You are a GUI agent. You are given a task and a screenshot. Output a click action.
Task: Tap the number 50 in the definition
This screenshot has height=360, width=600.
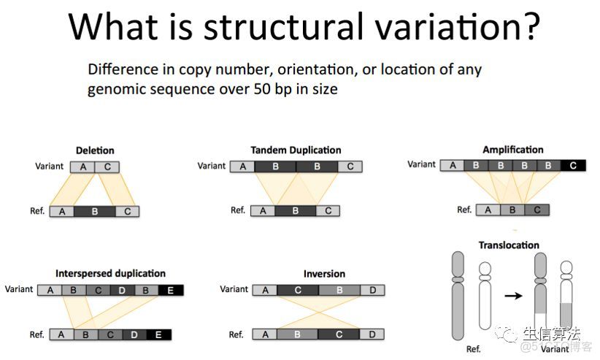coord(262,89)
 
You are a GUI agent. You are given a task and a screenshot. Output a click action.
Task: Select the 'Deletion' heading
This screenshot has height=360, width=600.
coord(95,150)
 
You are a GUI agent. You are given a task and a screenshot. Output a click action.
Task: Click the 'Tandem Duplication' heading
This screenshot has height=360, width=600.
coord(296,150)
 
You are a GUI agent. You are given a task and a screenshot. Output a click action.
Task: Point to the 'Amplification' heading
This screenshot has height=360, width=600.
coord(512,150)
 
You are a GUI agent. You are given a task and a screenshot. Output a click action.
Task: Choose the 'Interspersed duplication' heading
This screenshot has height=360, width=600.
coord(110,273)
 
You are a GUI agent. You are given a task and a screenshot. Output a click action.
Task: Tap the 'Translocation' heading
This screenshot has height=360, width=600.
coord(509,245)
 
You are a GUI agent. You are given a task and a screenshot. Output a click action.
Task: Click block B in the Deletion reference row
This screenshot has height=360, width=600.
coord(94,212)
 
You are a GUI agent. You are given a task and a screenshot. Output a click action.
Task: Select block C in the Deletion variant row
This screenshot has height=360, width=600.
coord(107,167)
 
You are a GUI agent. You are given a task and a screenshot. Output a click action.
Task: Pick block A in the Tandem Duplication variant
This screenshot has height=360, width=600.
coord(242,166)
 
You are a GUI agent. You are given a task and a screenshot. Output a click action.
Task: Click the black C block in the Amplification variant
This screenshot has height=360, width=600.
coord(573,166)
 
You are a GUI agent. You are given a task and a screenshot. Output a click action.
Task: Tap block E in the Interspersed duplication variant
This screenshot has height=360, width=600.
coord(171,291)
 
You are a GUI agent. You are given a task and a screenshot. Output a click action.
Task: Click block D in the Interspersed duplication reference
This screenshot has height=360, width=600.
coord(134,334)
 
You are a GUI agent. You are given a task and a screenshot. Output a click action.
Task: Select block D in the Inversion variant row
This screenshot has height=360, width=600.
coord(372,291)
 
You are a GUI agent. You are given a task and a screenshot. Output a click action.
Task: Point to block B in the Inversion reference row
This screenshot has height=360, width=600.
coord(297,334)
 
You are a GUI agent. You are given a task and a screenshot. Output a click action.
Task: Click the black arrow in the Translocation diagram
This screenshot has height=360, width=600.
coord(513,296)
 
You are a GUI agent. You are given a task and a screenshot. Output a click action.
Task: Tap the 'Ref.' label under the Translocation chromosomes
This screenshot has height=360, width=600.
coord(473,349)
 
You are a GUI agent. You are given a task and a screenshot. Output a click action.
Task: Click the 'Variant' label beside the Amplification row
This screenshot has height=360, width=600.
coord(421,164)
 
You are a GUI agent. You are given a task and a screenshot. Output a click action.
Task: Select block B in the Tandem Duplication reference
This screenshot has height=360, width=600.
coord(296,210)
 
